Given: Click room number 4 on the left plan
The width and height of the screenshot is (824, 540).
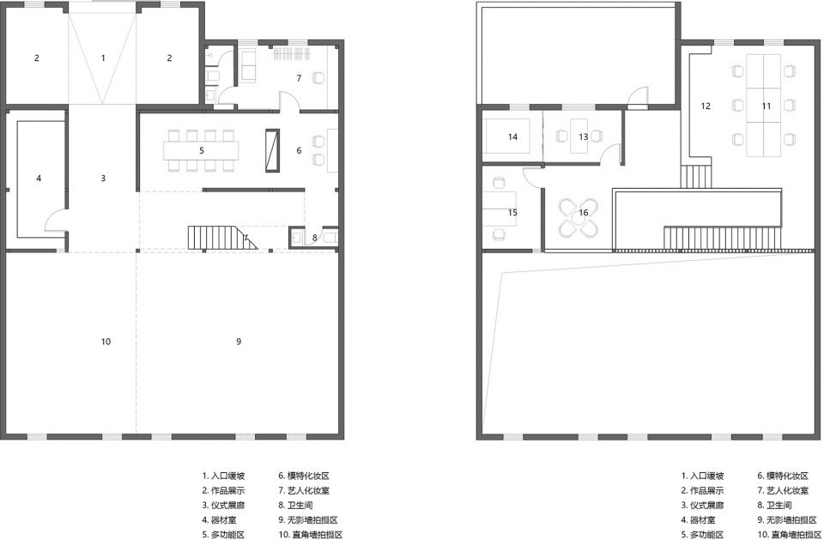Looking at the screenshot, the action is point(39,179).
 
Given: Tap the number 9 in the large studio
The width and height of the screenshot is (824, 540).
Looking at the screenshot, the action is point(239,342).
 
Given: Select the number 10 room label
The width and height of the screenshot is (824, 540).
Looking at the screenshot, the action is point(106,342).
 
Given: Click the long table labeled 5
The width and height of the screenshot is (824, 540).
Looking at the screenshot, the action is point(201,151).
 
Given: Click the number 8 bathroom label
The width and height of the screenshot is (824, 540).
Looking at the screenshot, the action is point(315,238).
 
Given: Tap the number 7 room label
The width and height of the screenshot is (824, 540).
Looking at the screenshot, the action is point(299,78).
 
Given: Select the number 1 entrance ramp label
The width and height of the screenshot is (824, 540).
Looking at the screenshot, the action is point(103,58).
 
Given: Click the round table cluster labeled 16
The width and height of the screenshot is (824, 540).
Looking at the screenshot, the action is point(578,217).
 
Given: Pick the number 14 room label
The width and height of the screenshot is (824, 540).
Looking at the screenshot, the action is point(513,137).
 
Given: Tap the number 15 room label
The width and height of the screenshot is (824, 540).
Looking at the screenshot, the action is point(513,212).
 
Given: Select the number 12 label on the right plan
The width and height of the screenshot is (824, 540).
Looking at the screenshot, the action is point(706,106).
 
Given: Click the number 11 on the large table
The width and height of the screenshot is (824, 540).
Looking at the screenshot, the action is point(766,106).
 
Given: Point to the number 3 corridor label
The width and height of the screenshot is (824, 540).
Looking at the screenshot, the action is point(103,179).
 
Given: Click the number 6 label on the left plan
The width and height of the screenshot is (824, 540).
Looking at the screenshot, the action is point(299,150).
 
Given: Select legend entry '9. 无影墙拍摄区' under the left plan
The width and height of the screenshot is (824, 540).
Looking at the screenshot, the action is point(308,520).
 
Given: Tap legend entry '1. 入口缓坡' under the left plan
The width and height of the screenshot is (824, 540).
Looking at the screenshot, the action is point(224,476).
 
